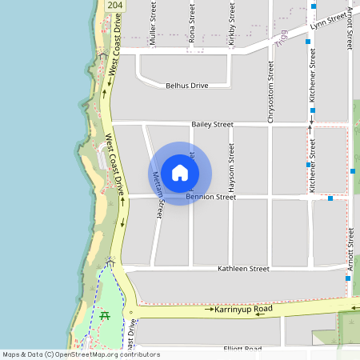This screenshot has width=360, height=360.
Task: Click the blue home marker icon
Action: [x=180, y=173]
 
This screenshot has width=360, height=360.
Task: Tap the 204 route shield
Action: [x=114, y=6]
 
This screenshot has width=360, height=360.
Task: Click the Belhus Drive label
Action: [x=186, y=85]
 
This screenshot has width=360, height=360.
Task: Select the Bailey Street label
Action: [x=212, y=125]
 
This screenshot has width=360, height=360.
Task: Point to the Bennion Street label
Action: [x=211, y=197]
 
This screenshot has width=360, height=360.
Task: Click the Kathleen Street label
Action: [x=243, y=270]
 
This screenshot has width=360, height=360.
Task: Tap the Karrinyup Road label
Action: [x=244, y=309]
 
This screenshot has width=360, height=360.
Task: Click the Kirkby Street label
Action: [x=230, y=28]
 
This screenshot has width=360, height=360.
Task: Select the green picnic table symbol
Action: [x=105, y=315]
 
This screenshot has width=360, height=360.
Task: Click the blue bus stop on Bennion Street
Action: [x=330, y=198]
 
